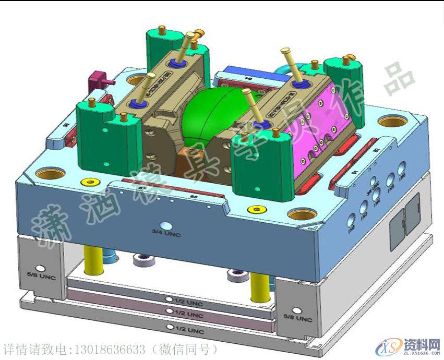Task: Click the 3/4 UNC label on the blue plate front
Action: [x=166, y=233]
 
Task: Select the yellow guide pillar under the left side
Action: [x=94, y=260]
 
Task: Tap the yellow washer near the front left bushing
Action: [x=90, y=182]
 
